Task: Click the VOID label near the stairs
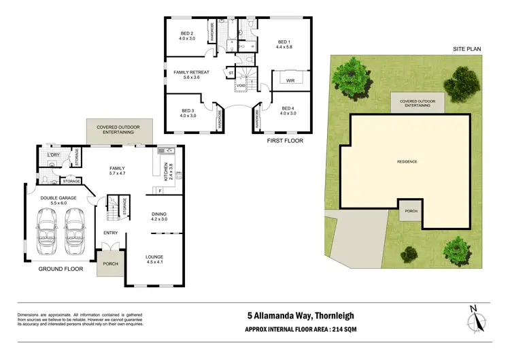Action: (x=241, y=85)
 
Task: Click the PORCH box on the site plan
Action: (x=411, y=211)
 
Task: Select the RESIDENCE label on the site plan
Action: (x=407, y=161)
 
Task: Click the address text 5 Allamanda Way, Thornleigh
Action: (x=300, y=315)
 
